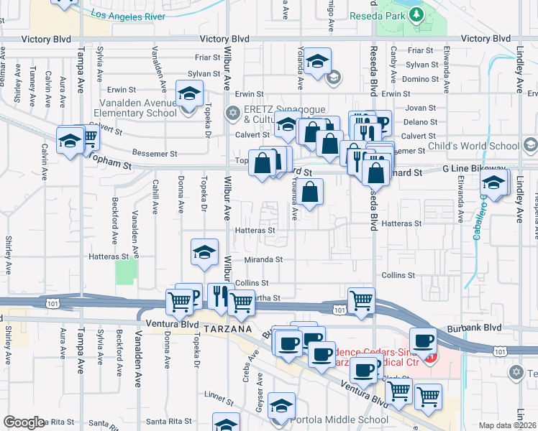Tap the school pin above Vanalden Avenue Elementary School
coord(188,96)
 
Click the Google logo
coord(24,422)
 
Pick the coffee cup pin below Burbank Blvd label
coord(422,339)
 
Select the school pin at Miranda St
coord(204,251)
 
